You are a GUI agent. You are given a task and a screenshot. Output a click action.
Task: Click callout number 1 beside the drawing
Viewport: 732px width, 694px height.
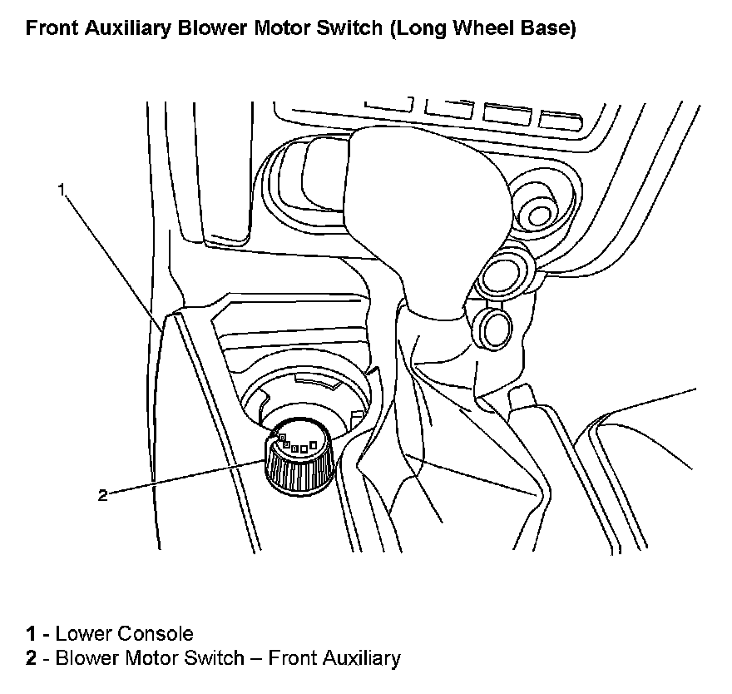(x=61, y=190)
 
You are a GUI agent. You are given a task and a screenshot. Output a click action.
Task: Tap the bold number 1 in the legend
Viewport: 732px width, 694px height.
(x=31, y=634)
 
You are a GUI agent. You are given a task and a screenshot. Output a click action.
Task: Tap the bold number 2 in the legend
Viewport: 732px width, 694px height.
(x=31, y=659)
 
